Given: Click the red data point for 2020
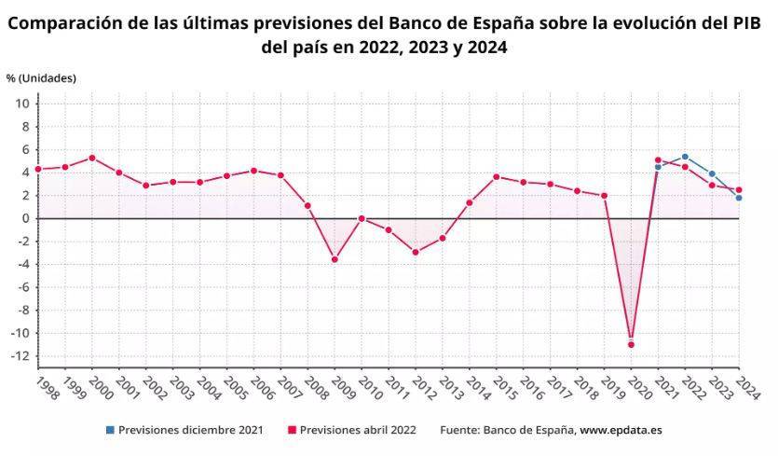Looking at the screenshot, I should pyautogui.click(x=631, y=344).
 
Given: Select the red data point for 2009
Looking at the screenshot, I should pyautogui.click(x=334, y=259).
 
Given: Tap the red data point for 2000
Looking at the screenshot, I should pyautogui.click(x=91, y=158).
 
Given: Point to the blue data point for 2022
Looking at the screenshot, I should pyautogui.click(x=685, y=157).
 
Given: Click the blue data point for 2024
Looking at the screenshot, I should pyautogui.click(x=739, y=198).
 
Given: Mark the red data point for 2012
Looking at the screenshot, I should pyautogui.click(x=415, y=252).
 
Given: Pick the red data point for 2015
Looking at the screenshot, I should pyautogui.click(x=496, y=176).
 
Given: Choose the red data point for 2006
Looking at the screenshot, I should pyautogui.click(x=253, y=171).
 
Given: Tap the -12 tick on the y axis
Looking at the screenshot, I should pyautogui.click(x=21, y=356).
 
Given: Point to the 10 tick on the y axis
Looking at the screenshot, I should pyautogui.click(x=24, y=104).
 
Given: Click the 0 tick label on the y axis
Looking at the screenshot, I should pyautogui.click(x=27, y=218).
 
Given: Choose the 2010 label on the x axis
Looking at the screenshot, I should pyautogui.click(x=365, y=387).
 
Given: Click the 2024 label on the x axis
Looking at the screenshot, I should pyautogui.click(x=744, y=387).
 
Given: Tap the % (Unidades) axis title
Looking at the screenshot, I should pyautogui.click(x=41, y=77).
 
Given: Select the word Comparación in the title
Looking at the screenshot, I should pyautogui.click(x=63, y=22).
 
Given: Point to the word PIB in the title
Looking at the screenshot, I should pyautogui.click(x=752, y=22).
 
